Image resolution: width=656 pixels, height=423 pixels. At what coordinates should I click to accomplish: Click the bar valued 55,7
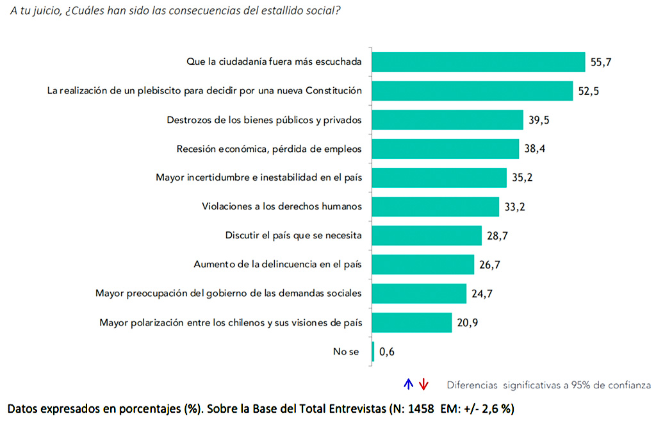click(x=478, y=62)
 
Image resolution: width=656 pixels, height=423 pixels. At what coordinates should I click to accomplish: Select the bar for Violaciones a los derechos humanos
click(x=435, y=206)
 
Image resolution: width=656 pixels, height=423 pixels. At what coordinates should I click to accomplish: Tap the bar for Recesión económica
click(x=445, y=149)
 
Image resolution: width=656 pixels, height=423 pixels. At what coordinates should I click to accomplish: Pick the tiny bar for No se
click(x=373, y=351)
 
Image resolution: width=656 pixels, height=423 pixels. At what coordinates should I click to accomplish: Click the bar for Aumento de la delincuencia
click(x=423, y=264)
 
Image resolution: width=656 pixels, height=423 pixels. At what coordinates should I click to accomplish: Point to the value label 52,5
click(x=588, y=91)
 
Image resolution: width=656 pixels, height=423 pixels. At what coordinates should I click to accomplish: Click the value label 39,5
click(x=539, y=120)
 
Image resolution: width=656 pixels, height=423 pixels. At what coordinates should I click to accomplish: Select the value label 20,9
click(x=467, y=322)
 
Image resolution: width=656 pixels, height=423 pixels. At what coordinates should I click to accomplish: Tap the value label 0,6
click(x=386, y=351)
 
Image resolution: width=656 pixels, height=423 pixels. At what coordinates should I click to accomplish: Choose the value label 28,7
click(x=496, y=236)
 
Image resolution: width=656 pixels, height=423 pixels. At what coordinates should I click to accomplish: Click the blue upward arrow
click(x=408, y=385)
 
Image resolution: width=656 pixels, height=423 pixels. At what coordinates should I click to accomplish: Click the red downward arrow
click(x=423, y=385)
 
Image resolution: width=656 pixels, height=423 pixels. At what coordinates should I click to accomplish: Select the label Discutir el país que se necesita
click(x=293, y=235)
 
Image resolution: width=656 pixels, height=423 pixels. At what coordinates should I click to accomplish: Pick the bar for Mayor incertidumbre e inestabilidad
click(x=439, y=178)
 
